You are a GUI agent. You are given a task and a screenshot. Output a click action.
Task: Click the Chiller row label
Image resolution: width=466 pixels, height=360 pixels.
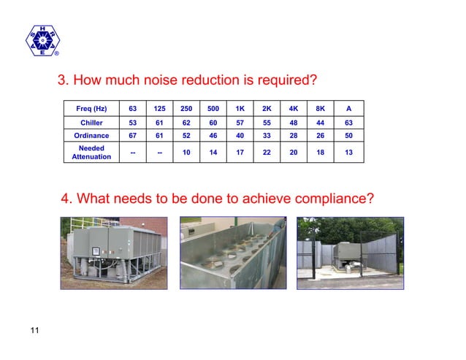[91, 123]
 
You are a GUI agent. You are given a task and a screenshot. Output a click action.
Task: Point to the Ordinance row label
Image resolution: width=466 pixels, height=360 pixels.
[91, 136]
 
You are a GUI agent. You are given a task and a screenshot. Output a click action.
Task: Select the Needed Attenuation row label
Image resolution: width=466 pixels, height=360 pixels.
[91, 152]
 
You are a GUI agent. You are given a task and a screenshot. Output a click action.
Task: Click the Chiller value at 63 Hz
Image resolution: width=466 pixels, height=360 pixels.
[132, 123]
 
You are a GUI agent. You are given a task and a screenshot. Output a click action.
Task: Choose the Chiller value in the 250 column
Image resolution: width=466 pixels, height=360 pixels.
[186, 123]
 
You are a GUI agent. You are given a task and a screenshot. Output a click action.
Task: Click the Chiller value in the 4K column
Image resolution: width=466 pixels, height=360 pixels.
[293, 123]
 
